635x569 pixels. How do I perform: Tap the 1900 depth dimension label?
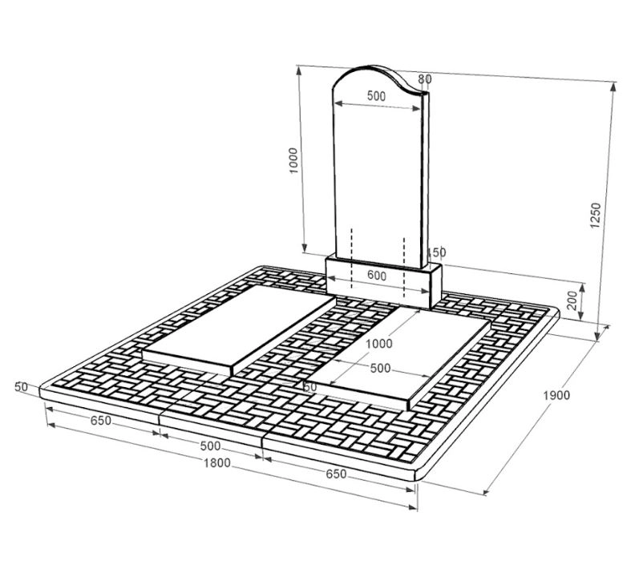pyautogui.click(x=556, y=395)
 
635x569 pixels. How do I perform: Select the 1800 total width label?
pyautogui.click(x=216, y=462)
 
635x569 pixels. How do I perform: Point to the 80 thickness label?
pyautogui.click(x=425, y=79)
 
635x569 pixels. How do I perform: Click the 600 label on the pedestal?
pyautogui.click(x=377, y=276)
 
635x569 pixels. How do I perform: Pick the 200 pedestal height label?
pyautogui.click(x=572, y=301)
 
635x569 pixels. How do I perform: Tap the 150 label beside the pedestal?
pyautogui.click(x=436, y=252)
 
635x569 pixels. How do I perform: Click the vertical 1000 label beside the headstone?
pyautogui.click(x=293, y=160)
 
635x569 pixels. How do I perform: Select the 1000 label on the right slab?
pyautogui.click(x=379, y=344)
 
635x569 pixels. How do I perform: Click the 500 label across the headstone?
pyautogui.click(x=376, y=96)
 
